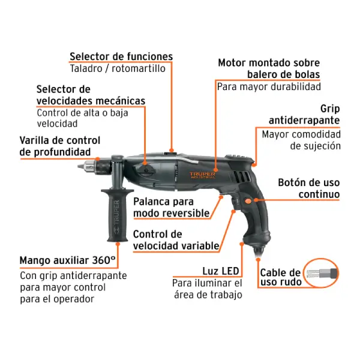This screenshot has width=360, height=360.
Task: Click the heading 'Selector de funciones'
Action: (121, 56)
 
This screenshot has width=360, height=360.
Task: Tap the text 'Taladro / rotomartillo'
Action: (118, 68)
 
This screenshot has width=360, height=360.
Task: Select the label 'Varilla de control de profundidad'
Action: (59, 146)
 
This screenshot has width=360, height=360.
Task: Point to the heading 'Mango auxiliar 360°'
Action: (67, 260)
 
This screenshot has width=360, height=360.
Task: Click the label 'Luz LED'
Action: (221, 271)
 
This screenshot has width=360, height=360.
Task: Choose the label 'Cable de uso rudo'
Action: (281, 277)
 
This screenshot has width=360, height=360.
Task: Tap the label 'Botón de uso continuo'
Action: (309, 188)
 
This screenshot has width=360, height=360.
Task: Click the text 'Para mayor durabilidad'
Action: (269, 87)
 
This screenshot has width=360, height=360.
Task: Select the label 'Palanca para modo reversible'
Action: (172, 208)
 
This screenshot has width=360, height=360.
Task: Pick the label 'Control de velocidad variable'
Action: (176, 240)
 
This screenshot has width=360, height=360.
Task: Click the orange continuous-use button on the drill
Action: (248, 202)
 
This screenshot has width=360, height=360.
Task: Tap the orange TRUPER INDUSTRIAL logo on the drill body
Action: (203, 175)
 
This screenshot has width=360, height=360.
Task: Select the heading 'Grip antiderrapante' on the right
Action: (304, 115)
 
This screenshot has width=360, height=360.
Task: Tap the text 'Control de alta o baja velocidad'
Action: (82, 118)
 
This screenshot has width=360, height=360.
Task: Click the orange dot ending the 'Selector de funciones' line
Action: (171, 151)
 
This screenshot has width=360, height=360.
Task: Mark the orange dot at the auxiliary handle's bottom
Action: (118, 244)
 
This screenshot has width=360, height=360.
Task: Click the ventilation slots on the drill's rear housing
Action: (242, 177)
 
